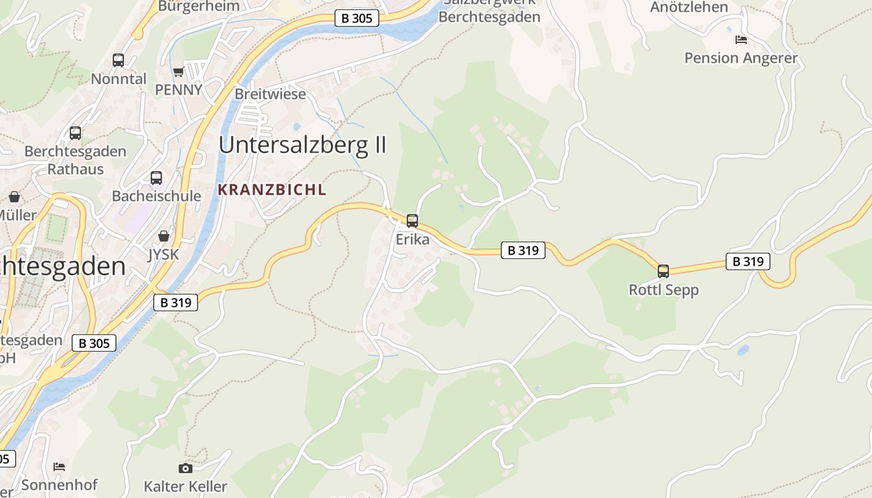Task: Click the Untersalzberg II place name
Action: click(303, 145)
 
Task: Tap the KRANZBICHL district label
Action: click(272, 190)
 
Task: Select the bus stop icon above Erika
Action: click(412, 220)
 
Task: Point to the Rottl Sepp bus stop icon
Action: click(663, 271)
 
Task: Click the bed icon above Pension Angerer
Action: click(741, 40)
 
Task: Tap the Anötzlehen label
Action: click(689, 7)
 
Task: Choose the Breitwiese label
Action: click(270, 94)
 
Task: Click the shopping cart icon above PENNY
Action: click(179, 72)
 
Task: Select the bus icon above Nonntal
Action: click(118, 60)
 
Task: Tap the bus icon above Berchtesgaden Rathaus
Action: click(75, 133)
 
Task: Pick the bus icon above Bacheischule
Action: click(156, 178)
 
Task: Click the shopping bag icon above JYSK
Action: click(164, 236)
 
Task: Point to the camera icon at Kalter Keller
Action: click(185, 468)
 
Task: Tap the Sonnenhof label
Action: click(60, 484)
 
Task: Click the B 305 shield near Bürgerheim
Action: click(357, 18)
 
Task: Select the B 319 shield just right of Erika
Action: click(523, 250)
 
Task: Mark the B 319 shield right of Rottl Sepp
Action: click(747, 261)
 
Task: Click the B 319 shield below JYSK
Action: click(176, 303)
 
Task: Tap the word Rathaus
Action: click(76, 169)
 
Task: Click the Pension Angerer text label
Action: click(741, 58)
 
